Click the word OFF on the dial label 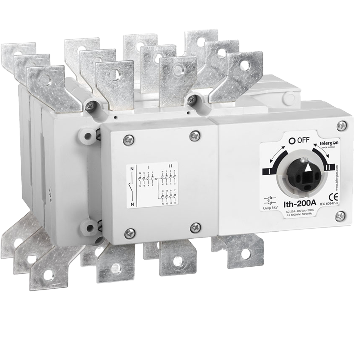(304, 140)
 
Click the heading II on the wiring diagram (170, 165)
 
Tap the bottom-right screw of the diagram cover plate (196, 228)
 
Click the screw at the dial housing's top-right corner (342, 126)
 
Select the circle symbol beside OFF (292, 141)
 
